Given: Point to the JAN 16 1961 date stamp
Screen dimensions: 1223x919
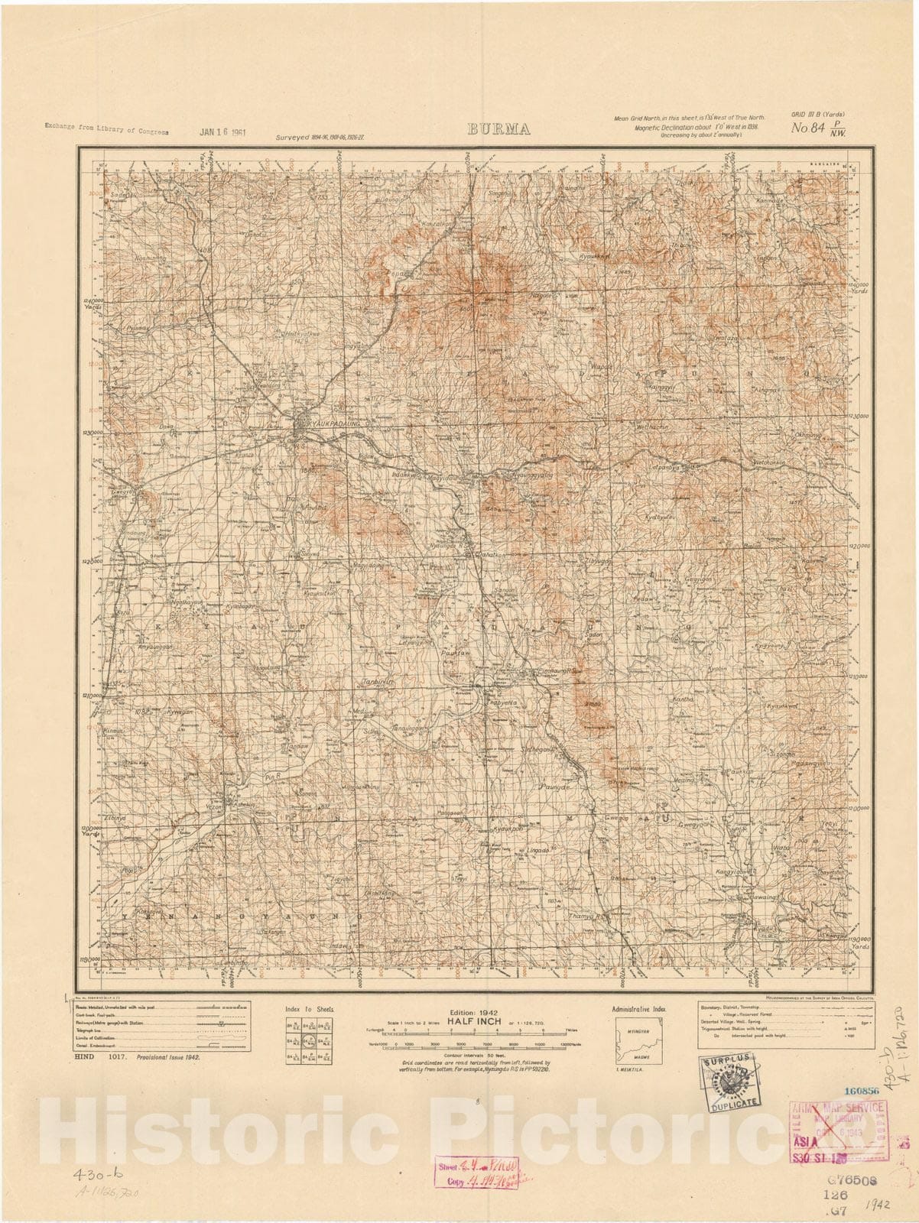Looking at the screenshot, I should click(x=222, y=131).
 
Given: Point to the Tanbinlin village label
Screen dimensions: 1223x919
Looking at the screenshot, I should click(x=378, y=679).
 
